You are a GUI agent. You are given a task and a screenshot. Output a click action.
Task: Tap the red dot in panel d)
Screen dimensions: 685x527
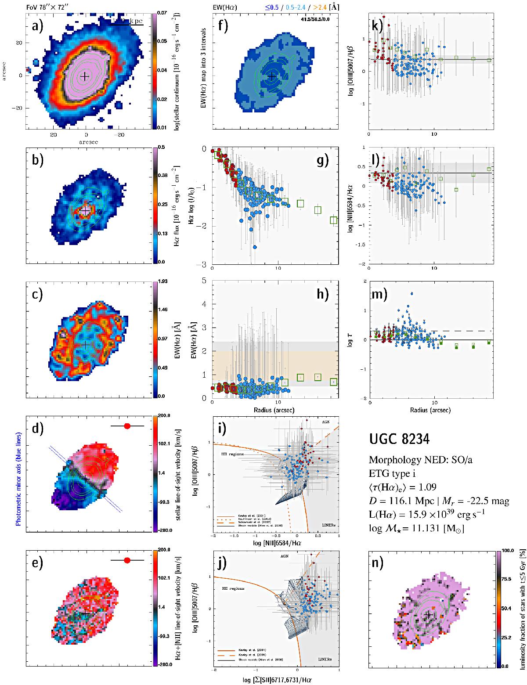click(127, 426)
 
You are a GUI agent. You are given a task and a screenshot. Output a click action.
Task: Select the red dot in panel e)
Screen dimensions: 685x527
click(127, 560)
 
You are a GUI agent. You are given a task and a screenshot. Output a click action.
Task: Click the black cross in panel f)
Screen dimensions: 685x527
click(272, 76)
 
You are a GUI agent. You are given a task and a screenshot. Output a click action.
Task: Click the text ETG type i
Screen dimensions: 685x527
click(390, 473)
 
